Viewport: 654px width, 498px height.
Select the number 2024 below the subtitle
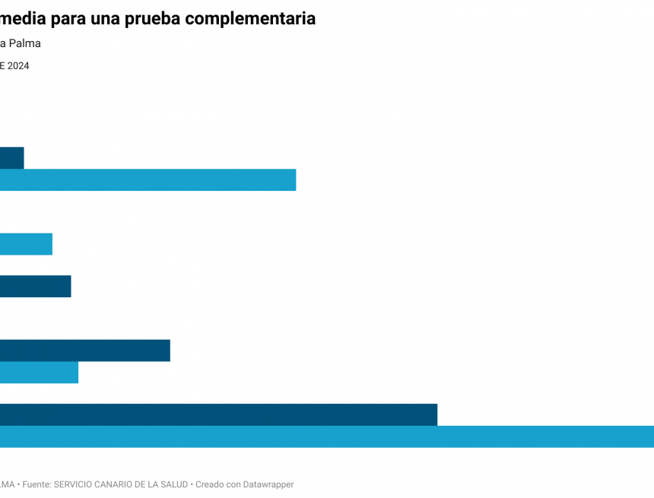point(18,66)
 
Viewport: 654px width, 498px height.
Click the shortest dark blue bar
point(11,158)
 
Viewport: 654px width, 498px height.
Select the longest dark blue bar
point(218,414)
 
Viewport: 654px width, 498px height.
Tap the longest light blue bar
point(327,436)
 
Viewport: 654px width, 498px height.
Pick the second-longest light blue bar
point(148,180)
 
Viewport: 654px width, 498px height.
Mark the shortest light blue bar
point(26,244)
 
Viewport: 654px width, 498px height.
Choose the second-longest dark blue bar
point(84,351)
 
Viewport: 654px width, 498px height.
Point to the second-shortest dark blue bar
point(35,287)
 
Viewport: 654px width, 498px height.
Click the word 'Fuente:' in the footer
point(37,484)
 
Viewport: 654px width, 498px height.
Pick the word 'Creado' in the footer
point(211,484)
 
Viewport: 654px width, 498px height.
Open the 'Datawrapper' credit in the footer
point(268,484)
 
